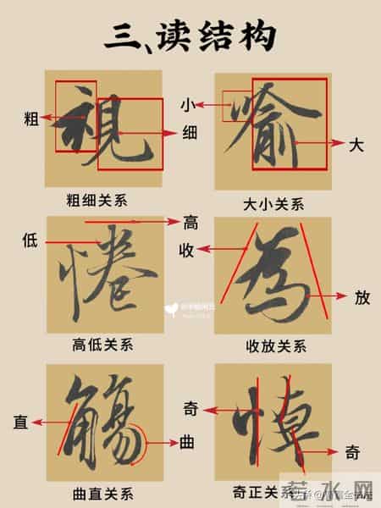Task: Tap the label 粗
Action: pyautogui.click(x=32, y=119)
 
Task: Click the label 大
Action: pyautogui.click(x=356, y=145)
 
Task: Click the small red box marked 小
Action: pyautogui.click(x=236, y=107)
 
